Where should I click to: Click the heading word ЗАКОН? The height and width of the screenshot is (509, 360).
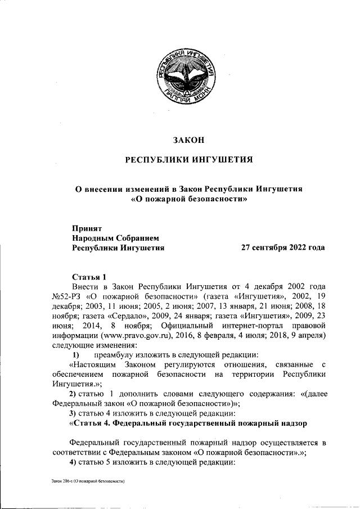(188, 139)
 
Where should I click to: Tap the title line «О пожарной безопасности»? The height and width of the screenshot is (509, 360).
(190, 199)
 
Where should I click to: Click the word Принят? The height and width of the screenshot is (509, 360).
(86, 228)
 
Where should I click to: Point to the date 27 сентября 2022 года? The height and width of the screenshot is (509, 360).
(282, 247)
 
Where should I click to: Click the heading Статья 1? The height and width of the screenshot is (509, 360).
(89, 277)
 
